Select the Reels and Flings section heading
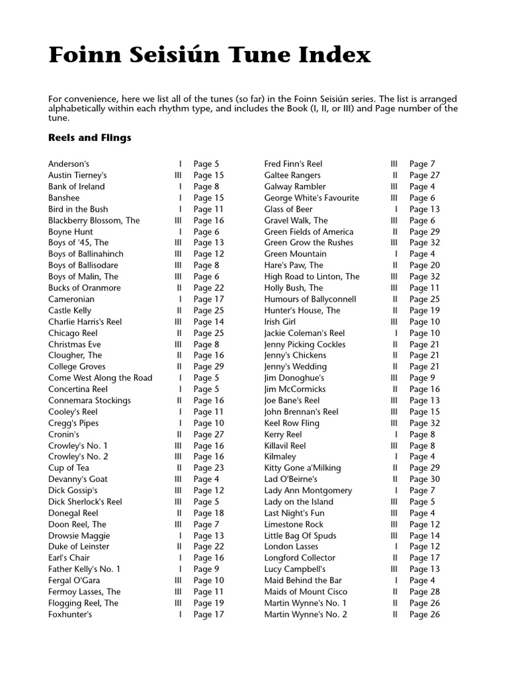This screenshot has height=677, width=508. pos(89,138)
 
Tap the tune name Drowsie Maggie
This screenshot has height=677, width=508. pos(79,536)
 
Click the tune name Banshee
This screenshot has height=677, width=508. pos(63,198)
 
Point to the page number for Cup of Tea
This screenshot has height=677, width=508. pos(208,467)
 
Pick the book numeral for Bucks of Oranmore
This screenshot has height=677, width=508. pos(179,288)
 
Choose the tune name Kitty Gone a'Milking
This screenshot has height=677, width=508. pos(302,467)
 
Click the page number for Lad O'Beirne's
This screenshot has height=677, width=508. pos(424,479)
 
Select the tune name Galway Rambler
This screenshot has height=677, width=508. pos(294,186)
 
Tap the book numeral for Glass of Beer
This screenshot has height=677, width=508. pos(396,209)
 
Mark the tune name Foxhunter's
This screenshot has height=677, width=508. pos(70,614)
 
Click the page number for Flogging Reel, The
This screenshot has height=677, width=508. pos(208,603)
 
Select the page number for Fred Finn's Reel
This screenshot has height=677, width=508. pos(422,164)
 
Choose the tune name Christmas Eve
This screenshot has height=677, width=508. pos(74,344)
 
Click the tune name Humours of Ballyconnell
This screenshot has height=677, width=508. pos(310,299)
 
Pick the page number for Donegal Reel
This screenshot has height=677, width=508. pos(208,513)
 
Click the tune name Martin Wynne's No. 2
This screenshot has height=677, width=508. pos(305,614)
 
